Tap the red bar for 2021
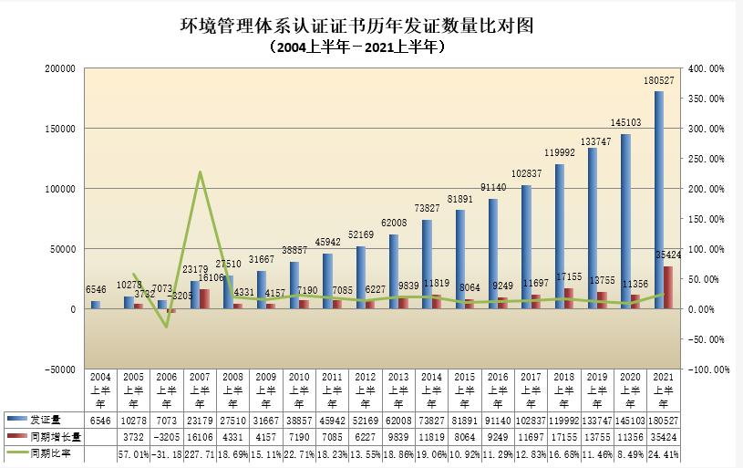click(668, 287)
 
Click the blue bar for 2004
click(95, 305)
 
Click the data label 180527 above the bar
click(659, 81)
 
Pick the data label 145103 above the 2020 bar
click(625, 122)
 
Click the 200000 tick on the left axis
click(61, 68)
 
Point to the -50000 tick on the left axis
click(61, 369)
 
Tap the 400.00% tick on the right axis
click(707, 68)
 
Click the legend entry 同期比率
click(45, 453)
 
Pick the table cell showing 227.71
click(200, 453)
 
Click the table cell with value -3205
click(165, 437)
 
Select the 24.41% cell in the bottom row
click(659, 453)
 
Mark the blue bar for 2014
click(427, 264)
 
